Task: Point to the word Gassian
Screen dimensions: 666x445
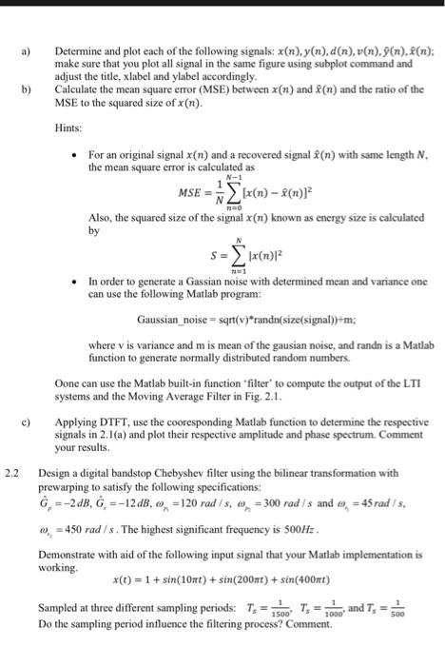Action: (x=203, y=283)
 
